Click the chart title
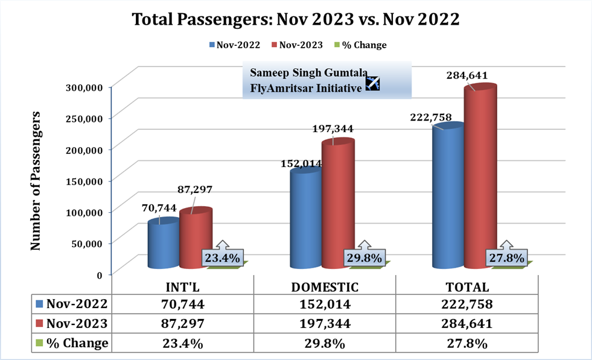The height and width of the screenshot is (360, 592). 296,19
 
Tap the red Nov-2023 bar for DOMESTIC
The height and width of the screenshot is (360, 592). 337,205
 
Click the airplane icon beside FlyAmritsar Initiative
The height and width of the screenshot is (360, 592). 372,84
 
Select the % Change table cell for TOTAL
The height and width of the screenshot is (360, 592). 466,343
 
